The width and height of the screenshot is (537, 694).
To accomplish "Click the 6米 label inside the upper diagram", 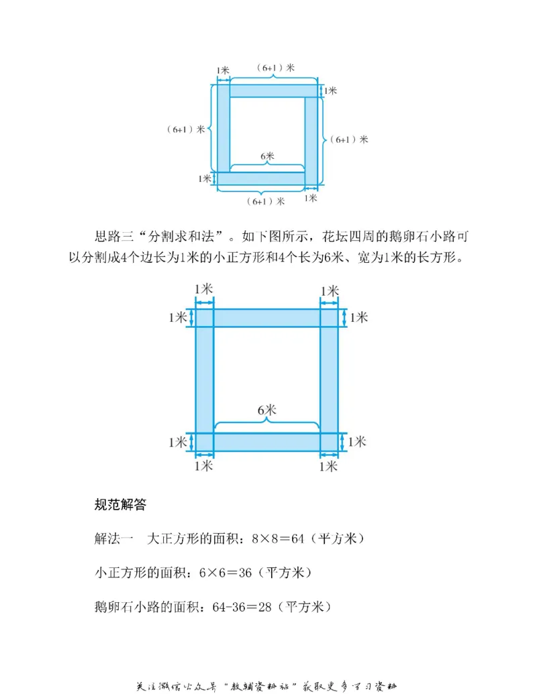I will coord(267,157).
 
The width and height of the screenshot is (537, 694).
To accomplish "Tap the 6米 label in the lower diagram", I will coord(266,409).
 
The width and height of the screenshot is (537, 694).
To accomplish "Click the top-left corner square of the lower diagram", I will coord(204,317).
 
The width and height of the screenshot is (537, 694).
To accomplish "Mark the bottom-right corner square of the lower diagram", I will coord(329,442).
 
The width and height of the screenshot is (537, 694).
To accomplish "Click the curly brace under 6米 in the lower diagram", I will coord(266,421).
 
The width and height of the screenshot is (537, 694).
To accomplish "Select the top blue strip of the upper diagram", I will coord(267,91).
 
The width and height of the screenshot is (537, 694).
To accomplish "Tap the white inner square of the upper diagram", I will coord(267,127).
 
